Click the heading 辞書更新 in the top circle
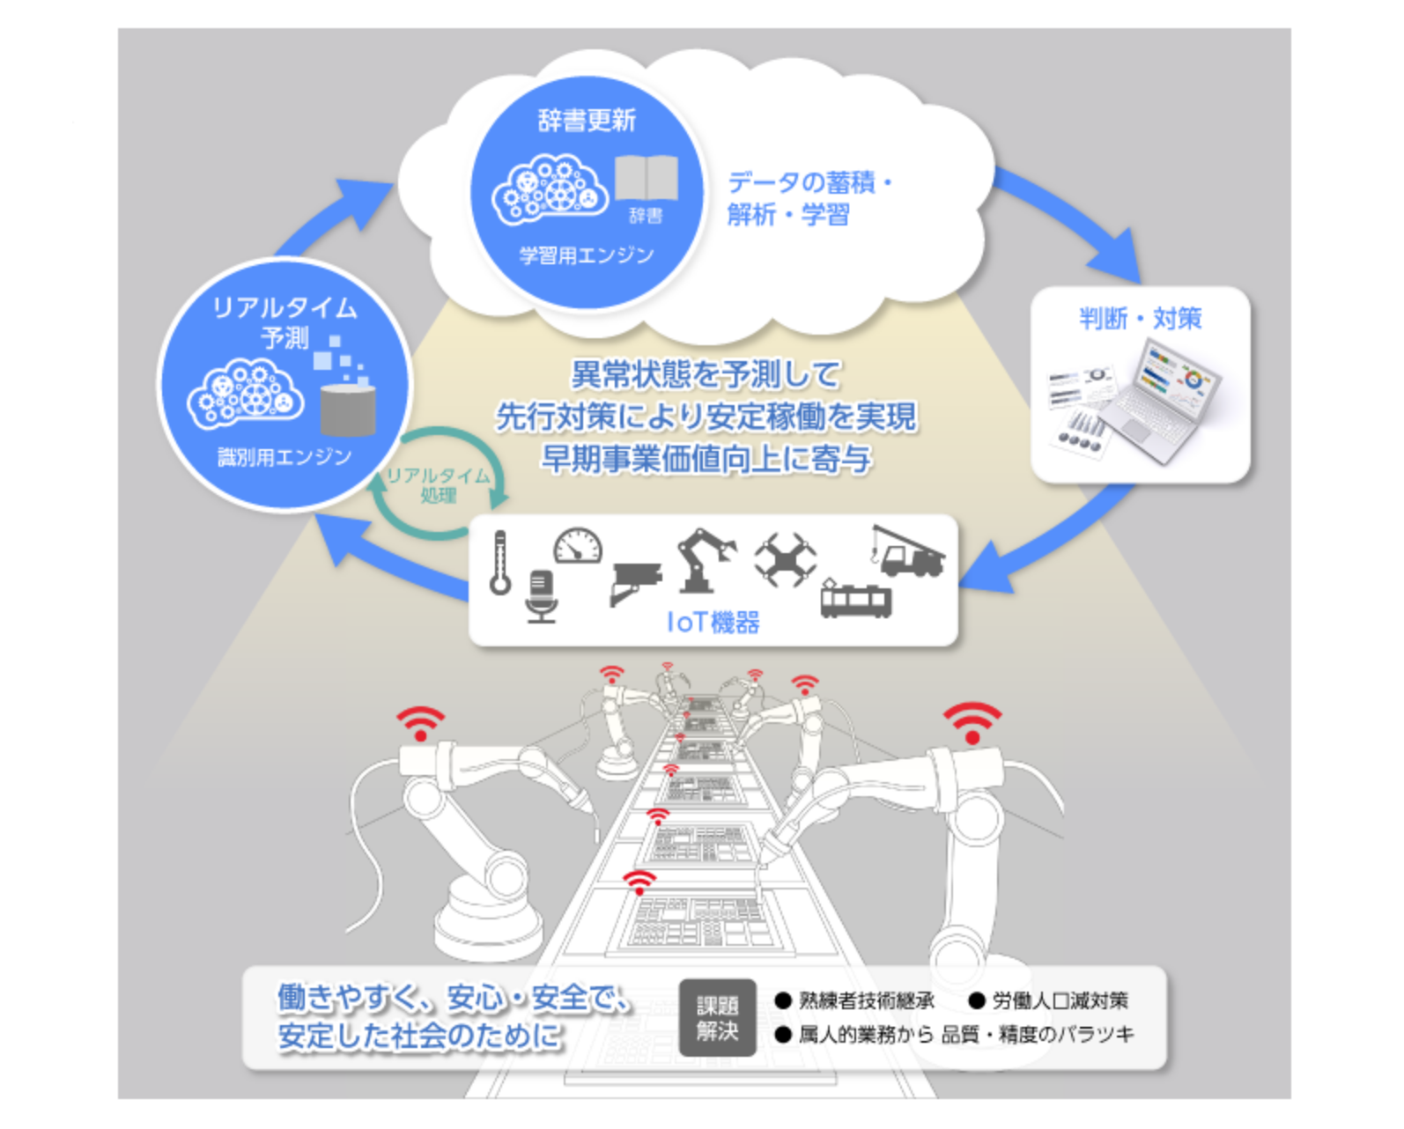[x=587, y=121]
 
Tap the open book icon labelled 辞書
[x=647, y=177]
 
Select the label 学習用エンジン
[x=587, y=255]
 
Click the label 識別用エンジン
[x=284, y=456]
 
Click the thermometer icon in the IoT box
[x=500, y=562]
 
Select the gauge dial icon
[x=578, y=545]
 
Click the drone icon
[x=785, y=559]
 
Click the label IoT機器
[x=713, y=623]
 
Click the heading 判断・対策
[x=1141, y=319]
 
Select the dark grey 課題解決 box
[x=718, y=1018]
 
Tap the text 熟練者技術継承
[x=867, y=1000]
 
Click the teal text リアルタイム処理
[x=439, y=485]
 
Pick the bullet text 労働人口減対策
[x=1060, y=1000]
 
